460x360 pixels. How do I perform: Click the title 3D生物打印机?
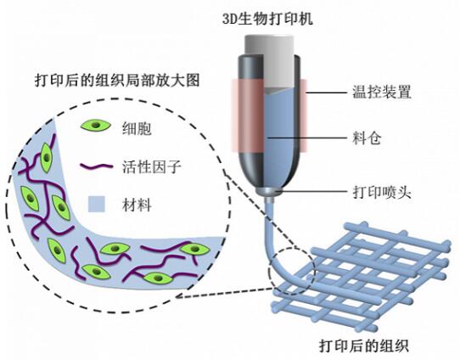(x=268, y=19)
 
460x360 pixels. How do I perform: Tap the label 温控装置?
(x=382, y=92)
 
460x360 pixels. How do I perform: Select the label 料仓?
(x=367, y=138)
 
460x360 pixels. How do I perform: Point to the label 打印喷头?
(x=382, y=193)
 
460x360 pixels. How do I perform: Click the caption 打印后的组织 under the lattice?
(x=364, y=346)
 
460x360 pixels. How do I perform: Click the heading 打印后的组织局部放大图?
(x=117, y=80)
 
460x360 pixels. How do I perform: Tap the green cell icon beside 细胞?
(x=96, y=126)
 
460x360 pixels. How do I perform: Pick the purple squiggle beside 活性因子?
(x=96, y=167)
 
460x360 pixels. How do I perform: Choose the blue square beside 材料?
(x=97, y=204)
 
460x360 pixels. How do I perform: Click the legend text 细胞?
(x=137, y=128)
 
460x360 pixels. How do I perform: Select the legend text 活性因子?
(x=152, y=166)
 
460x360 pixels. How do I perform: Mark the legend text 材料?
(x=137, y=205)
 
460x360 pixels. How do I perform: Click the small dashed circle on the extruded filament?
(x=292, y=271)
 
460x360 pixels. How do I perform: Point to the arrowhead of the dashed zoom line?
(x=180, y=296)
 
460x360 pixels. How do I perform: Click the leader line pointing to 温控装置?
(x=326, y=93)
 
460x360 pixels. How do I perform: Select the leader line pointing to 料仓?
(x=306, y=138)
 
